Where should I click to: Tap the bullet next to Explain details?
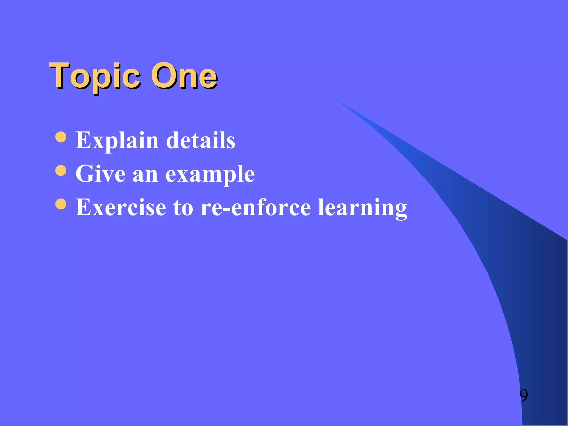61,137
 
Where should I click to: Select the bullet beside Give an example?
61,171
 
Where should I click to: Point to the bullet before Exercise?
61,204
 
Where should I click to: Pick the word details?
201,140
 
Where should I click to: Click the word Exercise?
121,207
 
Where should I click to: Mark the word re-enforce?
255,207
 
